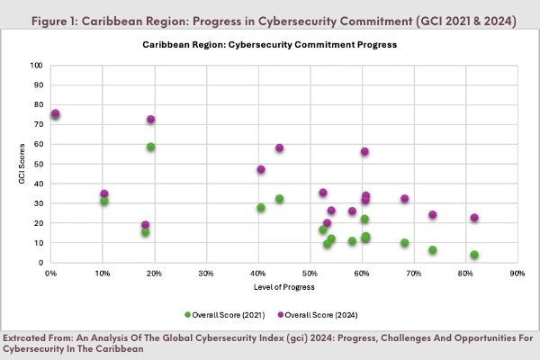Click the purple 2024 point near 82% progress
[x=474, y=218]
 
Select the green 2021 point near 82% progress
[x=474, y=255]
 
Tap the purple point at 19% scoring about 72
[x=151, y=120]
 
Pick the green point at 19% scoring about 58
[x=151, y=147]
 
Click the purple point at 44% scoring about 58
[x=280, y=148]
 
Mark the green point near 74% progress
[x=433, y=250]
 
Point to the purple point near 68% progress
[x=405, y=199]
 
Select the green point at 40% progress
[x=261, y=208]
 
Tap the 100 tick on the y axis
[x=36, y=66]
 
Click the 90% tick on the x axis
[x=517, y=271]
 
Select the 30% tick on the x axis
[x=206, y=271]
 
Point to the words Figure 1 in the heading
[x=49, y=20]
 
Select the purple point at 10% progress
[x=104, y=193]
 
